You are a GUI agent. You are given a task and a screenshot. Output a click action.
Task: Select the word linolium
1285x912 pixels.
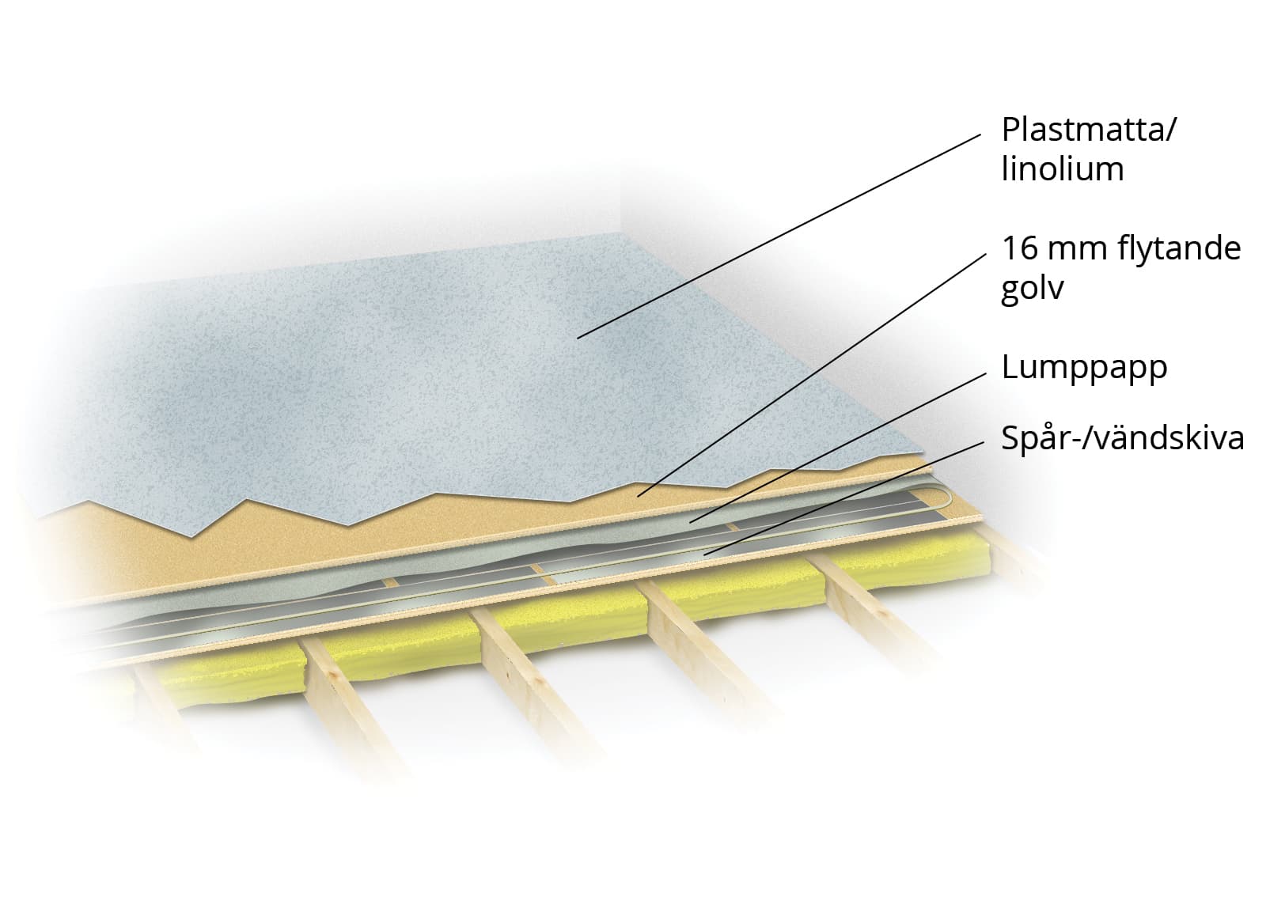1063,169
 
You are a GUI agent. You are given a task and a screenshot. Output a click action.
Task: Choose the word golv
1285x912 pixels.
1032,288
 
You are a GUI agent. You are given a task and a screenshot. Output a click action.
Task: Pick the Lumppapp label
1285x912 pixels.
1084,369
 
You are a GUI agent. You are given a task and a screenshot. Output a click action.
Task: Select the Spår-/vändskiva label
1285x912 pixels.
1122,438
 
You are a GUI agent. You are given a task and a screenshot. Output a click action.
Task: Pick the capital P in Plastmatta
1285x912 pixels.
1010,129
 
